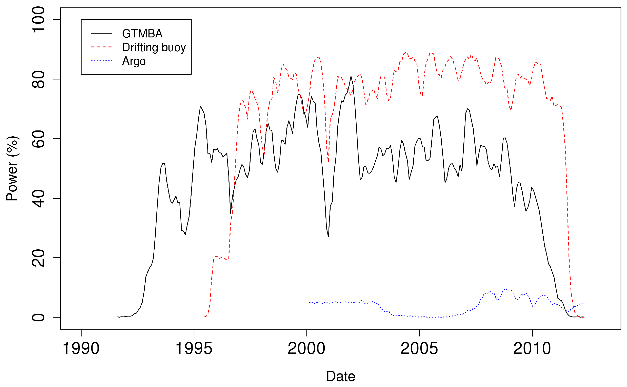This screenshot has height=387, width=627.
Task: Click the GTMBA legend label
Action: click(142, 34)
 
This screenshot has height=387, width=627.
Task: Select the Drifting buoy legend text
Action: click(154, 47)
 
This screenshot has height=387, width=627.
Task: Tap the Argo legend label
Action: click(134, 61)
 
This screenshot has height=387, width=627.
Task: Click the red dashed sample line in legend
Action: click(102, 47)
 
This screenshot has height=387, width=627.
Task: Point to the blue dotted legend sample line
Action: click(102, 61)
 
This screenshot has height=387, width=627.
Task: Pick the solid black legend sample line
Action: click(102, 33)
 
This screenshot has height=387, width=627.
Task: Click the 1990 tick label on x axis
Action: click(81, 349)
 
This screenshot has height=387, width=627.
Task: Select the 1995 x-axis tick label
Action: click(194, 349)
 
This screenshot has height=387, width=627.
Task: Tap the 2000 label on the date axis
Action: click(306, 349)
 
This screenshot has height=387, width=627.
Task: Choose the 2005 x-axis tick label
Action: click(419, 349)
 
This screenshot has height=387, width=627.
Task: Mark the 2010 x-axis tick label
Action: click(532, 349)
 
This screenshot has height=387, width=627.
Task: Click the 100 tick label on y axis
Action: click(38, 20)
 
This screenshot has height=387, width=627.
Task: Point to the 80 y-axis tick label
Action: click(38, 79)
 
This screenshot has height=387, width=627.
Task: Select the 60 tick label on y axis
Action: click(38, 139)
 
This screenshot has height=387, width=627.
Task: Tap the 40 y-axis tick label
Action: click(38, 198)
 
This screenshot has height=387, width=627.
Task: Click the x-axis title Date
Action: click(341, 376)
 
